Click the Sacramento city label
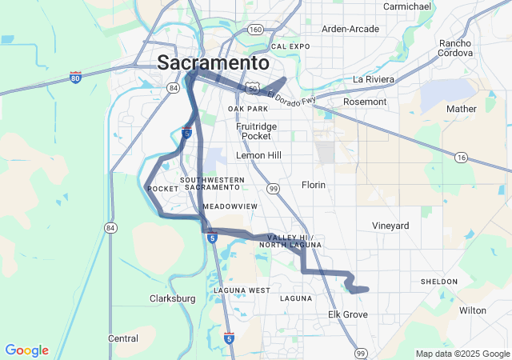(x=214, y=62)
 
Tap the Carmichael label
(x=408, y=6)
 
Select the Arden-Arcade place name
(x=350, y=29)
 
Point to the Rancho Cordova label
(x=455, y=48)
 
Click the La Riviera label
(x=374, y=79)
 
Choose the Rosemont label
(x=365, y=102)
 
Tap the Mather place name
(x=462, y=108)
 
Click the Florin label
(x=314, y=185)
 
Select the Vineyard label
(x=390, y=226)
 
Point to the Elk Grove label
(x=348, y=314)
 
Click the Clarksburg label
(x=173, y=298)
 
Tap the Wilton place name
(x=473, y=310)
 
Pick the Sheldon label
(x=439, y=282)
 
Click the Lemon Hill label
(x=258, y=155)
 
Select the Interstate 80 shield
(x=75, y=78)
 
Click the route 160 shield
(x=255, y=30)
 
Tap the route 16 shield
(x=461, y=158)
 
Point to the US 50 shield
(x=253, y=85)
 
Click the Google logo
(x=26, y=350)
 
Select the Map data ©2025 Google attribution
(x=462, y=354)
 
